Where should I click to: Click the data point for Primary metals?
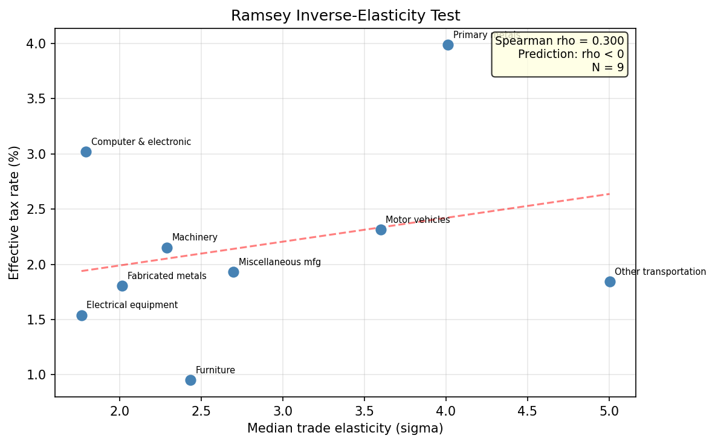[448, 45]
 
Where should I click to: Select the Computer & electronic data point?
[86, 152]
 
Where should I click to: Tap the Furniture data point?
[190, 380]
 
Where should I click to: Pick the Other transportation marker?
[610, 282]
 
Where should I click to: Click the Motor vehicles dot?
[381, 230]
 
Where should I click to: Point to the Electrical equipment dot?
[82, 315]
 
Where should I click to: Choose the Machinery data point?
[167, 248]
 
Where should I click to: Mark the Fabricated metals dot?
[122, 286]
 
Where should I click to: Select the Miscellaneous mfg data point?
[233, 272]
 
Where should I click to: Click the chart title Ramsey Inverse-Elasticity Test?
[345, 16]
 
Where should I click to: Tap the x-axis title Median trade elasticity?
[345, 428]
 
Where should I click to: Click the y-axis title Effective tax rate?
[15, 213]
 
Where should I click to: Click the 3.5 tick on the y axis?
[37, 98]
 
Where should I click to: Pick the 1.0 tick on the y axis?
[37, 375]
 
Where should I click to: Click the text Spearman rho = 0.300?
[559, 41]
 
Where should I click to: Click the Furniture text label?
[215, 370]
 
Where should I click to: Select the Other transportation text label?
[660, 272]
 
